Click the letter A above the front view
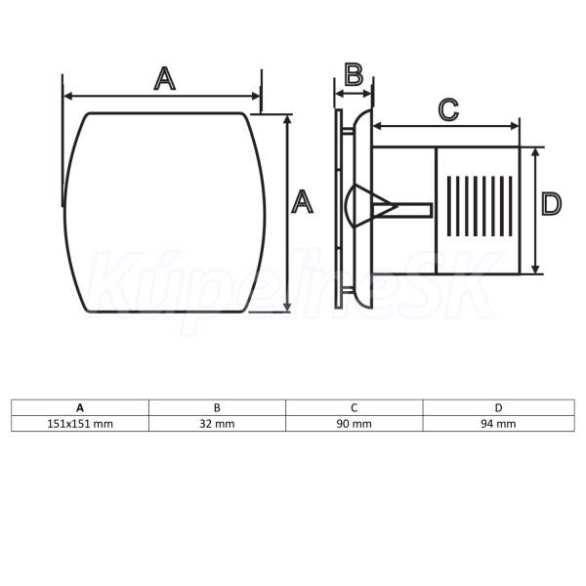164,78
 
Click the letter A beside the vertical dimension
302,201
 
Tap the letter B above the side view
354,75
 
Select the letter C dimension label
448,109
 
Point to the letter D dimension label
551,204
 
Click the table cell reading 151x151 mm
80,424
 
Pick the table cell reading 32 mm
217,424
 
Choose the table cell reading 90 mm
355,424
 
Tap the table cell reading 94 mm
498,424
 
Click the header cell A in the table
80,407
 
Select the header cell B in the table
217,407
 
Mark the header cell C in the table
355,407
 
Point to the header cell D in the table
498,407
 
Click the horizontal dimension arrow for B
354,94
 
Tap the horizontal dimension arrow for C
446,126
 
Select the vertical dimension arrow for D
535,211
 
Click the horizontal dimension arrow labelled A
162,97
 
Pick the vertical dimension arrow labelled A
287,213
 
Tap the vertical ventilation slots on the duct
480,206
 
